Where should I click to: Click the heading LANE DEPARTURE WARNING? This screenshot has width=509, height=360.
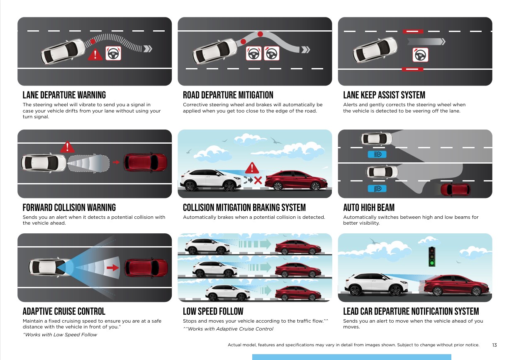[x=64, y=95]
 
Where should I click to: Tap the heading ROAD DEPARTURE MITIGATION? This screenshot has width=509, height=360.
[x=228, y=95]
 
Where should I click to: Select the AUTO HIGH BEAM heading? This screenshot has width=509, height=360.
[x=369, y=207]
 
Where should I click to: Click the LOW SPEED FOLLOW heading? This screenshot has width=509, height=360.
[x=213, y=311]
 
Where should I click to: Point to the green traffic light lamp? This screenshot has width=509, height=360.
[x=432, y=263]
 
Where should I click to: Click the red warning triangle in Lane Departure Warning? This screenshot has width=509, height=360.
[x=95, y=54]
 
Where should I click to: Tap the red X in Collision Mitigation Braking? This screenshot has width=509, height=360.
[x=258, y=181]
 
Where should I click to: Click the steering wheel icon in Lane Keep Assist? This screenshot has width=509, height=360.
[x=420, y=55]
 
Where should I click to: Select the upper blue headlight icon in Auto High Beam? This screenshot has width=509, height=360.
[x=377, y=154]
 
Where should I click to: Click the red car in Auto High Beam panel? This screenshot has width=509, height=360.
[x=455, y=189]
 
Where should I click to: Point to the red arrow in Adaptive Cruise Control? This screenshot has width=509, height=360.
[x=113, y=268]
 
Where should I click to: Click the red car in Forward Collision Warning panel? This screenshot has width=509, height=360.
[x=146, y=162]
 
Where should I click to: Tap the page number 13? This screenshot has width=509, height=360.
[x=494, y=345]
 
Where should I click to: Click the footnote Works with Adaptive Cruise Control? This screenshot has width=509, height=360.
[x=228, y=329]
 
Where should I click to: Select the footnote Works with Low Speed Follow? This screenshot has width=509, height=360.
[x=60, y=335]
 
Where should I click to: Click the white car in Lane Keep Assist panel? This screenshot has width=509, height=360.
[x=375, y=50]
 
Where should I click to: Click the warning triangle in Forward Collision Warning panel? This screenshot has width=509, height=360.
[x=67, y=147]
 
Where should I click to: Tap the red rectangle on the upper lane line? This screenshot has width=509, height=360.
[x=413, y=32]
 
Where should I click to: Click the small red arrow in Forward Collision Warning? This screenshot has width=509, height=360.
[x=116, y=162]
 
